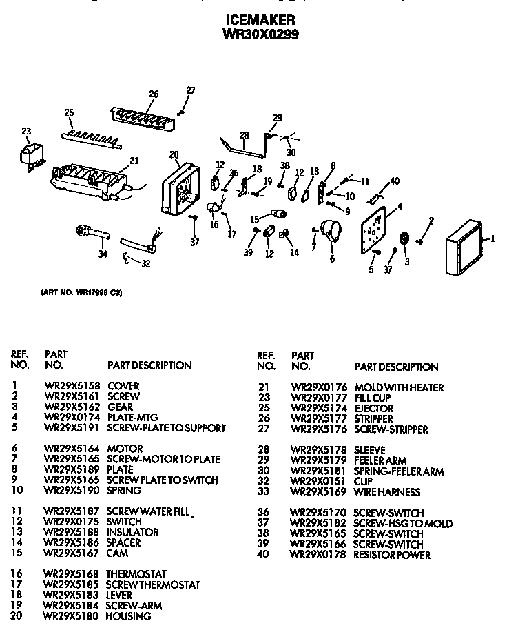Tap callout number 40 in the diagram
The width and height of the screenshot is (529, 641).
394,181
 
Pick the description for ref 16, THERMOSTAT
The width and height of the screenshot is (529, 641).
136,574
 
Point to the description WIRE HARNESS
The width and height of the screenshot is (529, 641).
386,492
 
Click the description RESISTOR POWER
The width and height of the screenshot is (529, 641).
391,555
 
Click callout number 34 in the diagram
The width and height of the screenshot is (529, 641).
103,254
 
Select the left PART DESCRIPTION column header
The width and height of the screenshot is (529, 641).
149,365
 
